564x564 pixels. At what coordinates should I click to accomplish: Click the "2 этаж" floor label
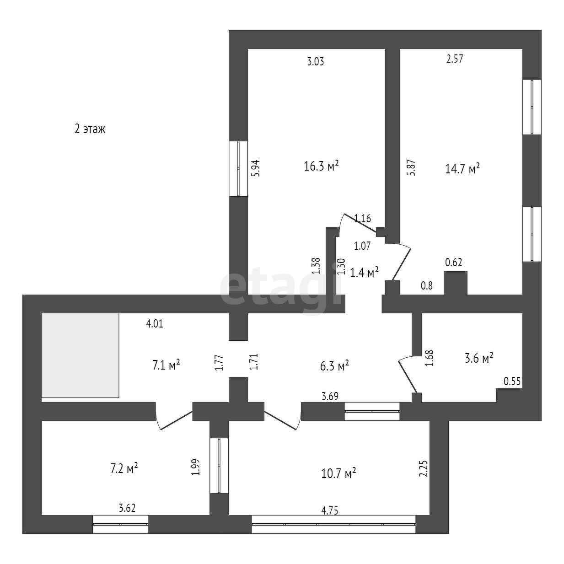[90, 129]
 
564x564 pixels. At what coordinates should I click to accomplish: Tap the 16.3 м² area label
[321, 166]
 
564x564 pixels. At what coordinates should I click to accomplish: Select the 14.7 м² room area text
[462, 168]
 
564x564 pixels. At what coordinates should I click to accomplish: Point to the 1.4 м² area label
[364, 273]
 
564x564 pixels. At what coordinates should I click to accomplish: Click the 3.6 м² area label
[478, 358]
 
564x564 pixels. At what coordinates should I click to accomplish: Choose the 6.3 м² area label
[334, 365]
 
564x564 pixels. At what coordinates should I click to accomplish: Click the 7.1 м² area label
[166, 365]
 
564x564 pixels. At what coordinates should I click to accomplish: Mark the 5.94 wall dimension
[256, 168]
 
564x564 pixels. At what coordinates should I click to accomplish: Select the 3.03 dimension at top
[315, 61]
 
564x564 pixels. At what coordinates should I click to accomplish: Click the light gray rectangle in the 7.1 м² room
[80, 355]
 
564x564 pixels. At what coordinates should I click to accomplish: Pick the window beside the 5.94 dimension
[238, 168]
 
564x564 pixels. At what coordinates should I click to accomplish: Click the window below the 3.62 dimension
[120, 524]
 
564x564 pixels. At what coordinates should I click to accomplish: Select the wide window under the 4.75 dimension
[333, 524]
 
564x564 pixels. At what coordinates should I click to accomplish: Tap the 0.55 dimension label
[512, 381]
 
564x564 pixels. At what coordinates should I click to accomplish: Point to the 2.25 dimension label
[424, 468]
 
